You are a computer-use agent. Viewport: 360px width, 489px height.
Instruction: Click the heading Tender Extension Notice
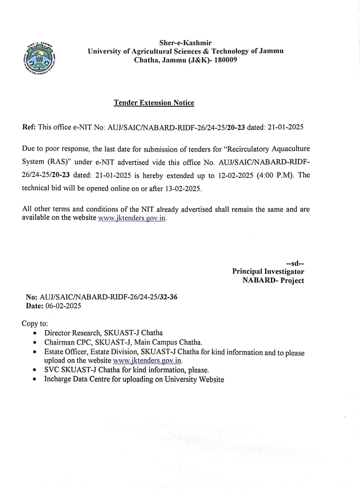154,103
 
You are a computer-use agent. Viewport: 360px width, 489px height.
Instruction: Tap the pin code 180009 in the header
226,60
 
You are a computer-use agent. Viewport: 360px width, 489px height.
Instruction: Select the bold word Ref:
29,127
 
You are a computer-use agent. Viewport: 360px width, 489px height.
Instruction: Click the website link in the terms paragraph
132,218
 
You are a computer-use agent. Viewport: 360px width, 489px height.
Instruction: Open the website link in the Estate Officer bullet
147,361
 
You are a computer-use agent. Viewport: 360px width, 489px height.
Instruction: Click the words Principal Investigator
268,271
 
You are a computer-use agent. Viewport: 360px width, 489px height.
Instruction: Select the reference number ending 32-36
108,297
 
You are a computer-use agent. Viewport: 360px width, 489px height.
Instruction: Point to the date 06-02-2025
63,306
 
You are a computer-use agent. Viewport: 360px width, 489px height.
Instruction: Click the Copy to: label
35,324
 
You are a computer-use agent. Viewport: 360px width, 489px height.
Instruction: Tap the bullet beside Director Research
36,333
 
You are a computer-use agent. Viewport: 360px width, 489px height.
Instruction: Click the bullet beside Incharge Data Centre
36,380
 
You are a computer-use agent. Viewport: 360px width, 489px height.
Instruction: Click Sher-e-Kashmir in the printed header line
185,43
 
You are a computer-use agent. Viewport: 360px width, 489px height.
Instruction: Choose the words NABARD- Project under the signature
273,281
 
